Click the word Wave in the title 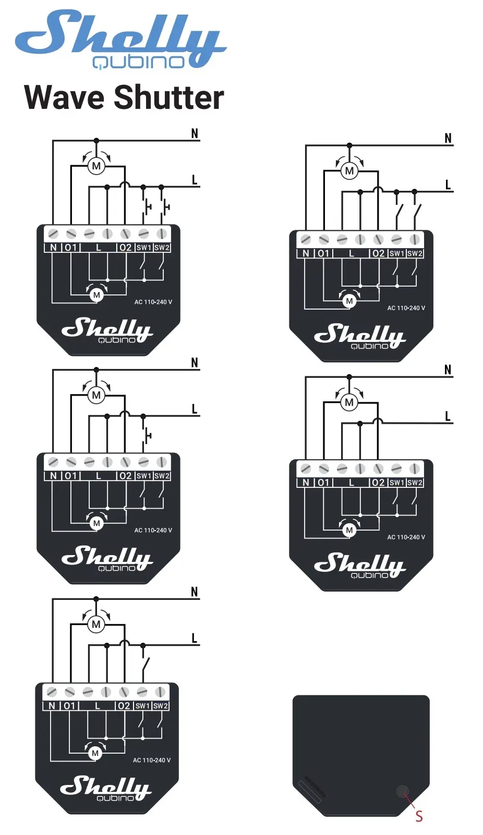tap(64, 97)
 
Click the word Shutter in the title tap(168, 97)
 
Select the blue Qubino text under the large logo tap(138, 62)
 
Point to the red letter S tap(419, 816)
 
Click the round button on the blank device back tap(403, 791)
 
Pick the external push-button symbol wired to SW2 tap(164, 206)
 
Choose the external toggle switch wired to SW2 tap(416, 212)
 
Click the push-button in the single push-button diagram tap(147, 435)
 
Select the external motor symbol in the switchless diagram tap(349, 402)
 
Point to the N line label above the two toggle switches tap(448, 138)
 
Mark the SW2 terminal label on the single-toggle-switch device tap(160, 706)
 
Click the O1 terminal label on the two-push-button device tap(70, 247)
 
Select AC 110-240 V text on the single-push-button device tap(153, 530)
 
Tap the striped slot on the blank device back tap(309, 792)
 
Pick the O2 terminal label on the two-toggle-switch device tap(378, 253)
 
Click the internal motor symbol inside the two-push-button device tap(96, 295)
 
